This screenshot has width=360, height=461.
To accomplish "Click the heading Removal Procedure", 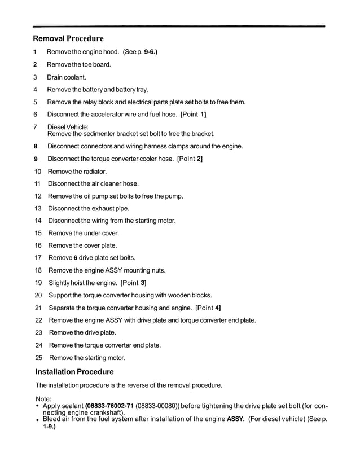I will (68, 39).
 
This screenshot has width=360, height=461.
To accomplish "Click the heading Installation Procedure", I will (74, 372).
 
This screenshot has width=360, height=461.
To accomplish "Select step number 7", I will (36, 127).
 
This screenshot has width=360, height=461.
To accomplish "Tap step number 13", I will (38, 208).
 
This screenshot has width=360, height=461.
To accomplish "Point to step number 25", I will (38, 357).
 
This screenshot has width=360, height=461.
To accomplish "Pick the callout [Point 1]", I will (193, 115).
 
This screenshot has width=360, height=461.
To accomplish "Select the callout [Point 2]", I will (190, 159).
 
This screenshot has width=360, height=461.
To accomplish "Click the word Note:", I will (43, 399).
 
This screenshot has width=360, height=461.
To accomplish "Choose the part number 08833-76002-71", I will (109, 406).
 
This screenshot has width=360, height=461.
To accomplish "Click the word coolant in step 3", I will (74, 77).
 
